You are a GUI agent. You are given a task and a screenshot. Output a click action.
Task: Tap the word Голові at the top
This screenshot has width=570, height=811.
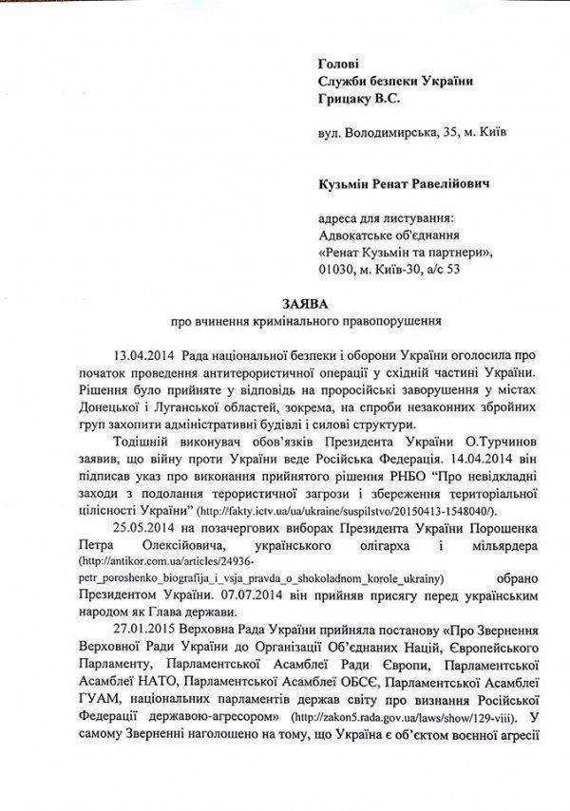[x=341, y=62]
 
